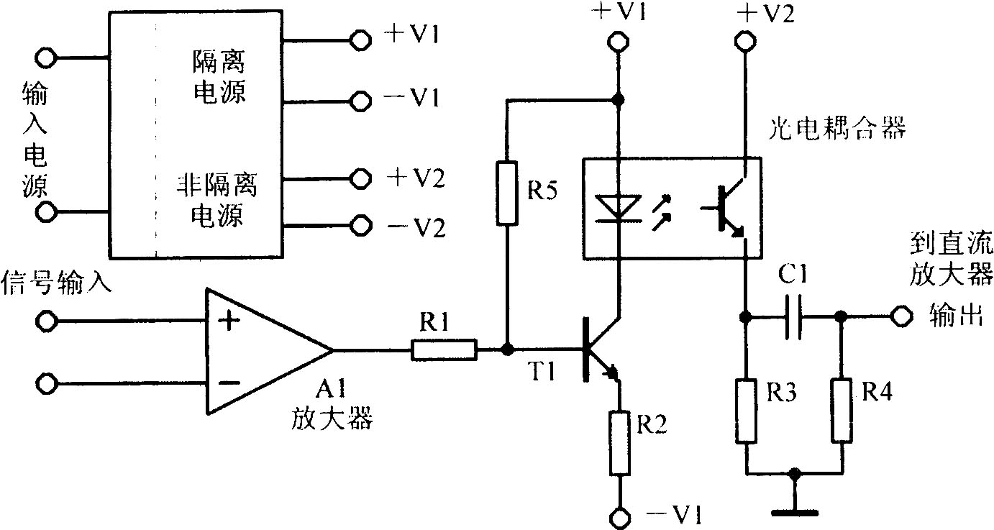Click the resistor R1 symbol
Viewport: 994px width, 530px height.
[444, 350]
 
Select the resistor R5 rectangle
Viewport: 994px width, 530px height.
[507, 193]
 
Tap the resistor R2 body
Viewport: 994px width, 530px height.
[618, 442]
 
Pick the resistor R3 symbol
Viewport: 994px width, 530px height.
[747, 411]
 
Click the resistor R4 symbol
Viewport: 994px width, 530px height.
[841, 411]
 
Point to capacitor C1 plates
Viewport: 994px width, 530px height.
[793, 316]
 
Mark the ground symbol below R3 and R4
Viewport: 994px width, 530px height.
[794, 512]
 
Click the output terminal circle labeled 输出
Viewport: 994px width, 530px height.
[899, 316]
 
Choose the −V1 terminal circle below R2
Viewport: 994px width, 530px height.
[618, 517]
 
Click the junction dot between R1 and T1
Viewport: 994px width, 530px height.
[507, 350]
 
